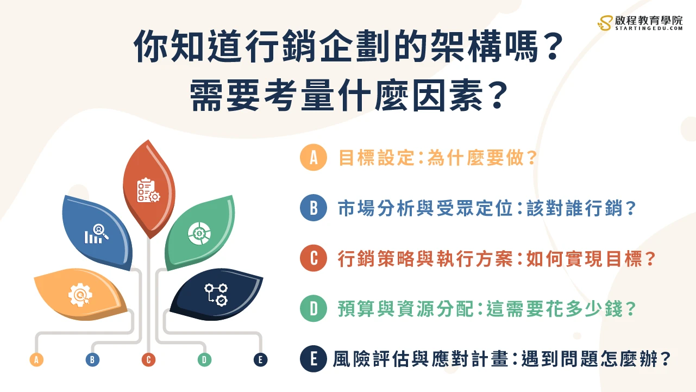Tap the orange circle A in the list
coord(313,158)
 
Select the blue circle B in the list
coord(313,208)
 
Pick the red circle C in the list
coord(313,259)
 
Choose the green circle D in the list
coord(313,309)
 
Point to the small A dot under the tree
coord(36,359)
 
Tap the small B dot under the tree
coord(92,359)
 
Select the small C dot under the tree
coord(148,359)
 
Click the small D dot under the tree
coord(204,359)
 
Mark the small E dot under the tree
coord(261,359)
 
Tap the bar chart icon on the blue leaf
coord(97,234)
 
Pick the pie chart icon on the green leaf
coord(198,233)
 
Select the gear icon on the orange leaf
coord(80,294)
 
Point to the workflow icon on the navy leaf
coord(216,294)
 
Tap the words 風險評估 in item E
coord(375,359)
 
